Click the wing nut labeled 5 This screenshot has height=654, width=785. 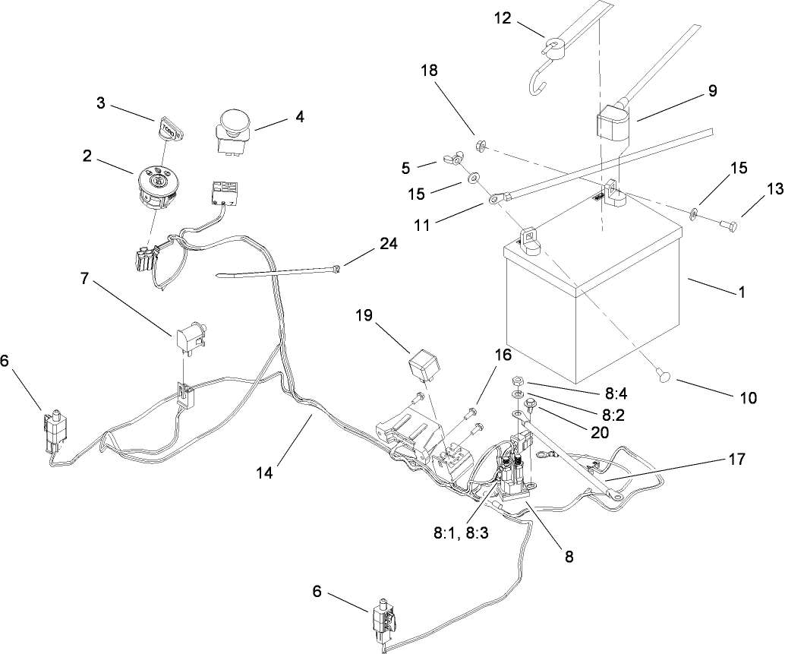pyautogui.click(x=449, y=160)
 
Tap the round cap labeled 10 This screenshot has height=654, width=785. pyautogui.click(x=664, y=373)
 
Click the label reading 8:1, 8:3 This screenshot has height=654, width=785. pyautogui.click(x=456, y=532)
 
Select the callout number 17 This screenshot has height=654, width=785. pyautogui.click(x=736, y=458)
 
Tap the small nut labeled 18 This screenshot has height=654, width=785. pyautogui.click(x=481, y=144)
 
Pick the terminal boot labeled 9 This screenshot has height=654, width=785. pyautogui.click(x=610, y=125)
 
